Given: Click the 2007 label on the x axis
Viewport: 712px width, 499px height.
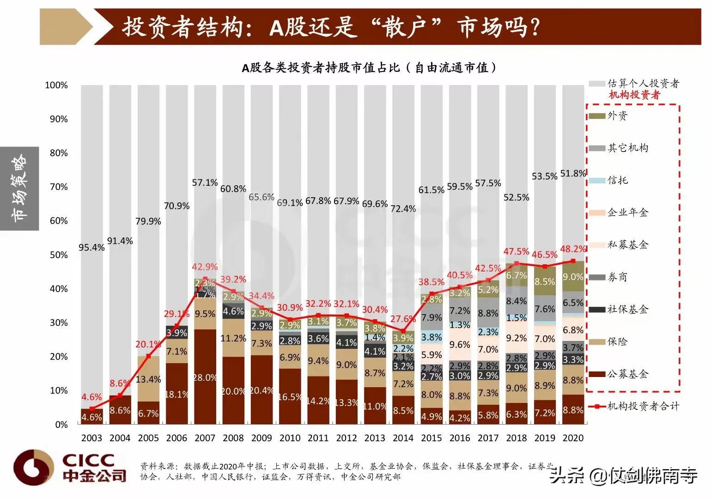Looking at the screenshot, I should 205,438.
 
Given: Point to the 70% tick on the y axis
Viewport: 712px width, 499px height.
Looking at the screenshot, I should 59,187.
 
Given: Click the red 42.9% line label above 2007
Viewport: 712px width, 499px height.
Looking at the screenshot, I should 205,267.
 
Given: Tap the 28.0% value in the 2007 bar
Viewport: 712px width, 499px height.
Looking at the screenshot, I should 205,377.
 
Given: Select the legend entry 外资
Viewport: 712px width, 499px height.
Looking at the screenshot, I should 617,116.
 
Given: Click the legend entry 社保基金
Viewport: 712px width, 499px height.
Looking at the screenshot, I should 627,310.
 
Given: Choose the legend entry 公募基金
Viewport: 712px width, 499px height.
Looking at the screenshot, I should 627,374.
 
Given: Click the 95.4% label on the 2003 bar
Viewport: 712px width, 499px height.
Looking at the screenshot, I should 91,248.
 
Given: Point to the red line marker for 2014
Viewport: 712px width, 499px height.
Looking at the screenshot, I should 403,331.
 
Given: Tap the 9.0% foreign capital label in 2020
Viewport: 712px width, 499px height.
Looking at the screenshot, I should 573,277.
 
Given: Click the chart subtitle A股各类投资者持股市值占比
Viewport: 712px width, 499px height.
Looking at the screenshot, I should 370,68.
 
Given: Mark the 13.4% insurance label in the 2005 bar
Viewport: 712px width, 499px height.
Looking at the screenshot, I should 148,379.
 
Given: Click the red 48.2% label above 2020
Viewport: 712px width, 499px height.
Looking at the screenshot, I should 573,249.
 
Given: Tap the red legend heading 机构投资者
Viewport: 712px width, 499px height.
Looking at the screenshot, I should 634,95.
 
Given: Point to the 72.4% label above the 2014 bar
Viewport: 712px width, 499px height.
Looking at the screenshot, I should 403,209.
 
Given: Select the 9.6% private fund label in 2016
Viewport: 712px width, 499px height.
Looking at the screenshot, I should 460,345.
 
